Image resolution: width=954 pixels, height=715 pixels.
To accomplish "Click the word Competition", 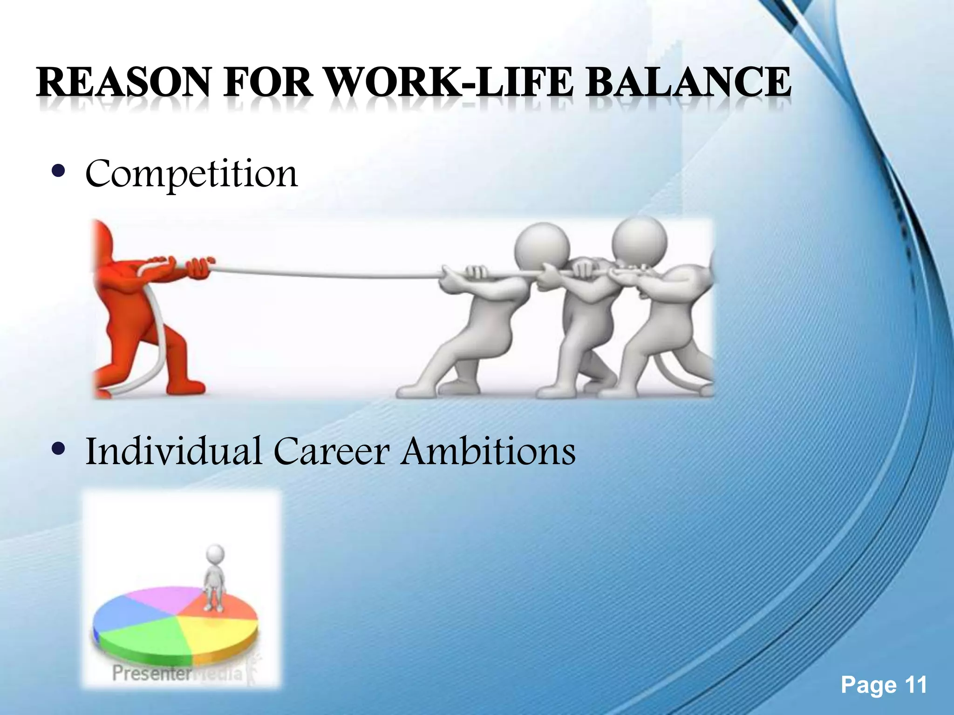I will tap(191, 174).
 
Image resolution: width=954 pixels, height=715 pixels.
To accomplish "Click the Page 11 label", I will tap(884, 685).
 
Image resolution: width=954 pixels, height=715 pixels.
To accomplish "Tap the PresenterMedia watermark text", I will tap(177, 673).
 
